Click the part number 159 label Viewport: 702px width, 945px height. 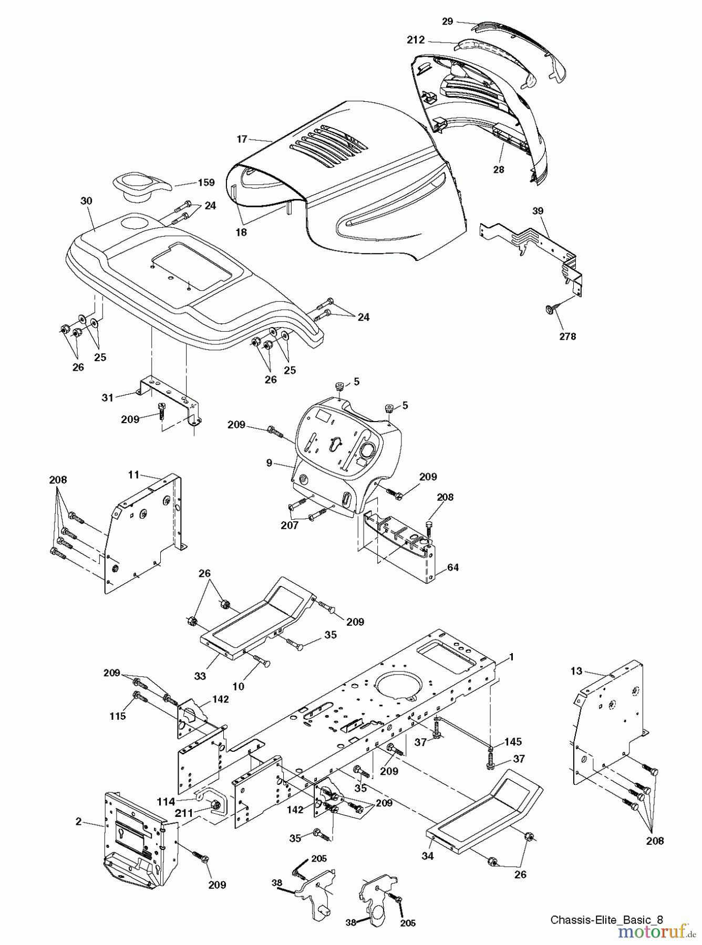[207, 183]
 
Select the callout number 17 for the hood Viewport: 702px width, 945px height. [242, 139]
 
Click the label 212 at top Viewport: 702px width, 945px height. [415, 39]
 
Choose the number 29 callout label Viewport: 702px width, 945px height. [447, 21]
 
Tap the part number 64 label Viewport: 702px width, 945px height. [453, 568]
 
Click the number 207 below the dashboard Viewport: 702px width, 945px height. [289, 525]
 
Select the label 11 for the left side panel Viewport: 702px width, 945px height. [133, 475]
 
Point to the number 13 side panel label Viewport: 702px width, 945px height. [576, 670]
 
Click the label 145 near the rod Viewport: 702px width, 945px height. [513, 741]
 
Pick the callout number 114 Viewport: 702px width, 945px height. [166, 801]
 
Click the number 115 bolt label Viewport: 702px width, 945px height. [118, 716]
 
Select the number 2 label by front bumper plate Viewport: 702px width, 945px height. [79, 822]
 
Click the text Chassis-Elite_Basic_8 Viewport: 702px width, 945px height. [606, 919]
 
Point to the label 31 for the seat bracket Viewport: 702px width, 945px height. [108, 398]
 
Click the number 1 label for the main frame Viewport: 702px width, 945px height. [511, 657]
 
